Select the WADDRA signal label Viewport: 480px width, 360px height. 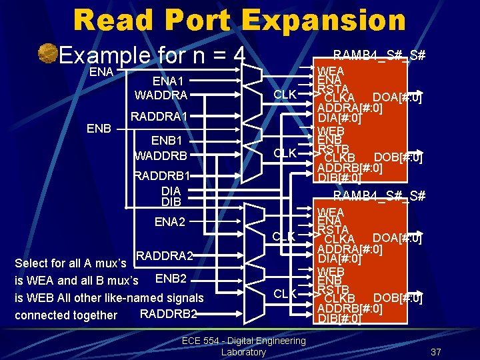(161, 95)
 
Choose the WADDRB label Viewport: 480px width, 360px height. (161, 156)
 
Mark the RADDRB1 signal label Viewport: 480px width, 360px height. (162, 176)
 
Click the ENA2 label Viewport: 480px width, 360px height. (170, 222)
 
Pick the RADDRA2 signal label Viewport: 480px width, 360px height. (165, 256)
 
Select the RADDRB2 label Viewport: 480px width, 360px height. (169, 314)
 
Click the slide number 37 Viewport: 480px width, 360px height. (437, 352)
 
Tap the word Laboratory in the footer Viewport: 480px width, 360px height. (243, 352)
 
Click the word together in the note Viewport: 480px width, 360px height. (94, 315)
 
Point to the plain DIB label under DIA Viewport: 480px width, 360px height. (171, 201)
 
